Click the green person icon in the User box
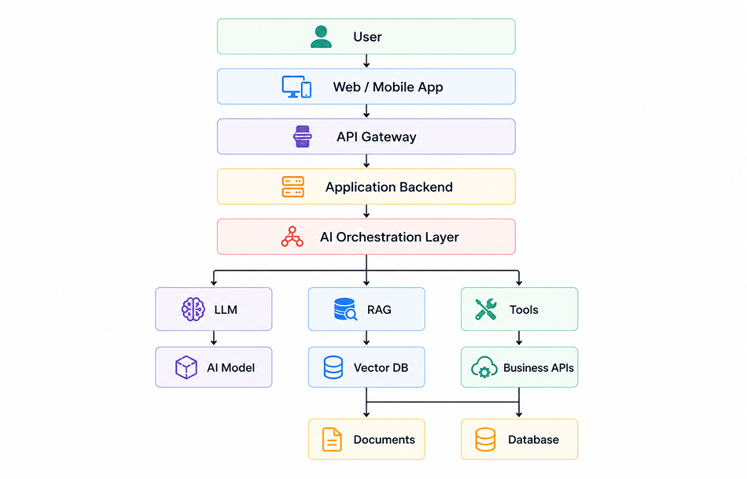coord(321,37)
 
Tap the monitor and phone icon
coord(296,87)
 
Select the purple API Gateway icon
coord(303,137)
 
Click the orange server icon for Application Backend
coord(293,187)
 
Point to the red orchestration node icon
coord(292,237)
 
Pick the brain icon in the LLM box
coord(193,309)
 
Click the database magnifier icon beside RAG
coord(345,309)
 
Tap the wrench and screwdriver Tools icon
coord(486,309)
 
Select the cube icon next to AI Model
coord(186,367)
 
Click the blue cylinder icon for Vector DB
coord(333,367)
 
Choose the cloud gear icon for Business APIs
coord(484,367)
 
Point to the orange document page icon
coord(332,440)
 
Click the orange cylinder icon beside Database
coord(485,440)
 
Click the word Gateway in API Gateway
coord(388,137)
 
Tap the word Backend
coord(426,187)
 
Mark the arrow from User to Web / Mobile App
coord(366,61)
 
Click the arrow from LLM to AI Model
coord(214,338)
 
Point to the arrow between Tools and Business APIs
coord(519,338)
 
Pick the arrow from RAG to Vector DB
coord(366,338)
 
